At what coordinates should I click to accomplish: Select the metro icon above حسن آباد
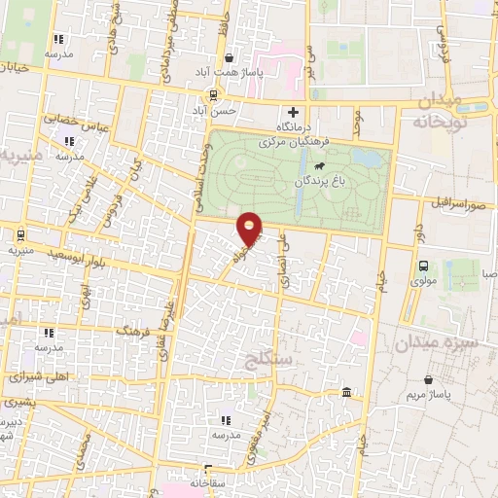[212, 95]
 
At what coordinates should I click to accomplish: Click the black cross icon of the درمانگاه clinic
[292, 111]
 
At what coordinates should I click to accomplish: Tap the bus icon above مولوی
[423, 267]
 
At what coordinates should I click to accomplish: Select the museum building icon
[347, 392]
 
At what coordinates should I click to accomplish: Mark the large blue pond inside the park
[367, 158]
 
